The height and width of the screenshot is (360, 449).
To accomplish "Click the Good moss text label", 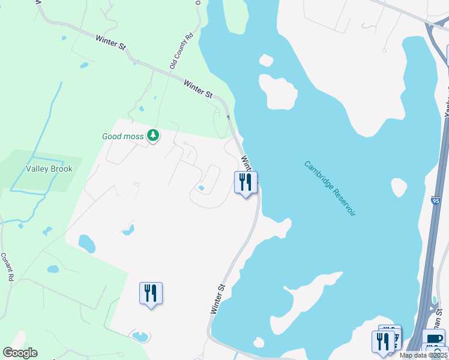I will pyautogui.click(x=122, y=136).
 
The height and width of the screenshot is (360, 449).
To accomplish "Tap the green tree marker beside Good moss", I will pyautogui.click(x=154, y=136).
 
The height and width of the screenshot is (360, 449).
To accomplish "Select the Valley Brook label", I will pyautogui.click(x=49, y=169).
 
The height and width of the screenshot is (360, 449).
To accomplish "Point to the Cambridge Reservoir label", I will pyautogui.click(x=330, y=188).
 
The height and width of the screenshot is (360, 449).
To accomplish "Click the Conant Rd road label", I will pyautogui.click(x=7, y=266).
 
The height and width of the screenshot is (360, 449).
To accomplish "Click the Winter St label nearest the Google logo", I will pyautogui.click(x=217, y=299).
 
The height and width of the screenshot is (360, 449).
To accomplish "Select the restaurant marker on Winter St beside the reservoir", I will pyautogui.click(x=245, y=182).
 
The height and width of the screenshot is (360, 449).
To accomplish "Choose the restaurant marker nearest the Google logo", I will pyautogui.click(x=149, y=293).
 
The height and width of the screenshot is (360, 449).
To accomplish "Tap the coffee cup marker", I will pyautogui.click(x=433, y=339).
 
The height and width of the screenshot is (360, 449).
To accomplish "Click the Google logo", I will pyautogui.click(x=20, y=353).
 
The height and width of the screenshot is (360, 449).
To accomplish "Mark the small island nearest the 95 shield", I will pyautogui.click(x=399, y=187).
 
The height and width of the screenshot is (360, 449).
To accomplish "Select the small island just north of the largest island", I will pyautogui.click(x=266, y=60).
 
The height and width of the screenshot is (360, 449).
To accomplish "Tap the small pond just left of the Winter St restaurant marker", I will pyautogui.click(x=201, y=188).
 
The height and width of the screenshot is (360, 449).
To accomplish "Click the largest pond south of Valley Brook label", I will pyautogui.click(x=86, y=243).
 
